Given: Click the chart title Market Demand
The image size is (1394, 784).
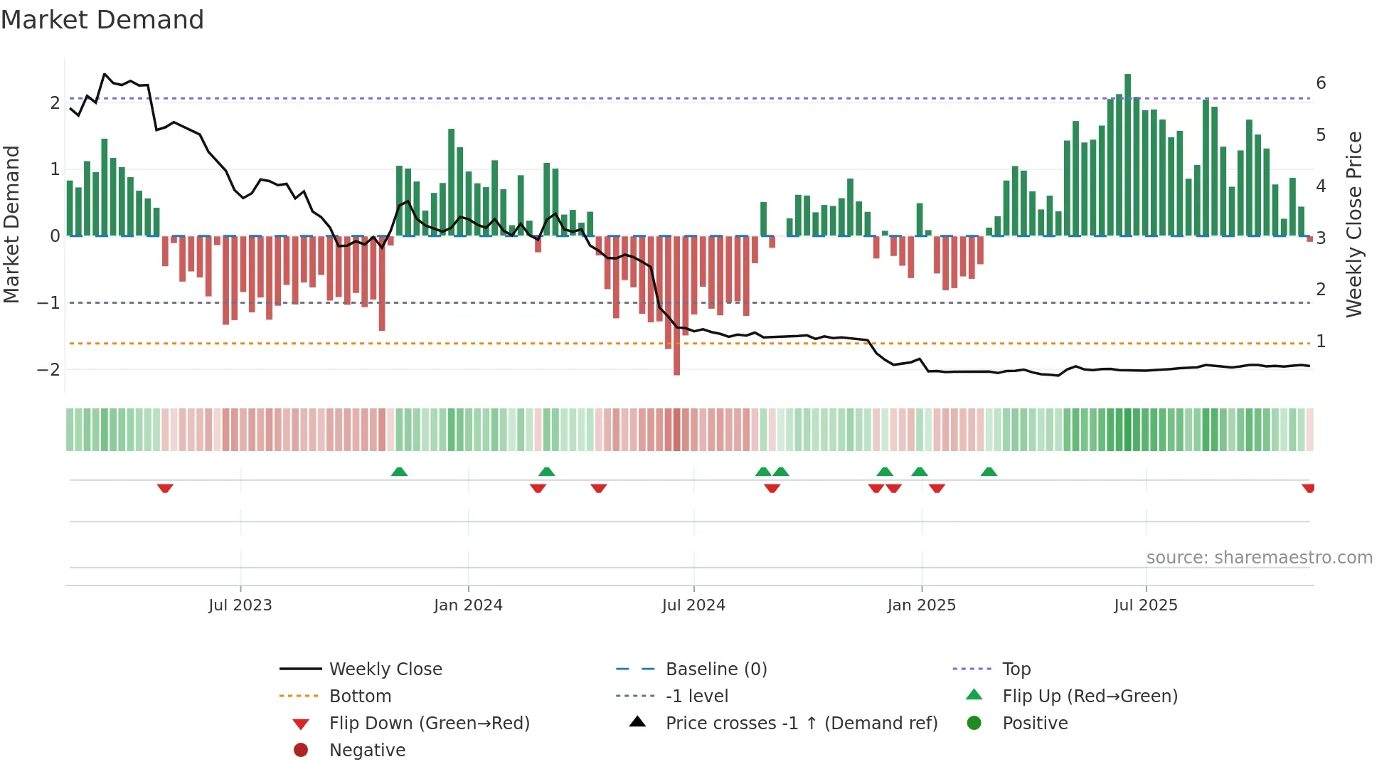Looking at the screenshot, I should (102, 20).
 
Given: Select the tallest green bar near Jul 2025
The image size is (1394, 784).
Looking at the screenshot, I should (1127, 155).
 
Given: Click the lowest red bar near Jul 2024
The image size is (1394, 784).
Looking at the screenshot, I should (676, 306).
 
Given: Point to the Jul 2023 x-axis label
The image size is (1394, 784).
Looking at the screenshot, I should (240, 605).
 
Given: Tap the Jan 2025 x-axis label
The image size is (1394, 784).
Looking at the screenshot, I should (921, 605).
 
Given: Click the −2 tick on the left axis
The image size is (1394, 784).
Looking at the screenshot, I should (48, 369).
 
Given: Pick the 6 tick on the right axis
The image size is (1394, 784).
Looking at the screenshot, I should (1321, 83).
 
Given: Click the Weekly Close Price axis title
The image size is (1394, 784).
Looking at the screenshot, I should (1354, 224).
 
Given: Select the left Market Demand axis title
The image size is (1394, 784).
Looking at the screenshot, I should (12, 224).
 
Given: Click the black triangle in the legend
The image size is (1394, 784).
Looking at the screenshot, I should (637, 722).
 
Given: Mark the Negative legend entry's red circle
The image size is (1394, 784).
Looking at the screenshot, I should (301, 751).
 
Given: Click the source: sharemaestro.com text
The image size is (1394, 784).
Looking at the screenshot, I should (1259, 558).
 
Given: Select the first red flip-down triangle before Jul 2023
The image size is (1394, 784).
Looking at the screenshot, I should (165, 488).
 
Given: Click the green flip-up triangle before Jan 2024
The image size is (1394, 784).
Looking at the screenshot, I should (399, 472).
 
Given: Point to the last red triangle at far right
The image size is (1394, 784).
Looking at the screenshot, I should (1308, 488).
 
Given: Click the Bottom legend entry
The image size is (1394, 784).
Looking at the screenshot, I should (360, 696).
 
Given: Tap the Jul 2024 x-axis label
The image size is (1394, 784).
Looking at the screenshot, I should (693, 605).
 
